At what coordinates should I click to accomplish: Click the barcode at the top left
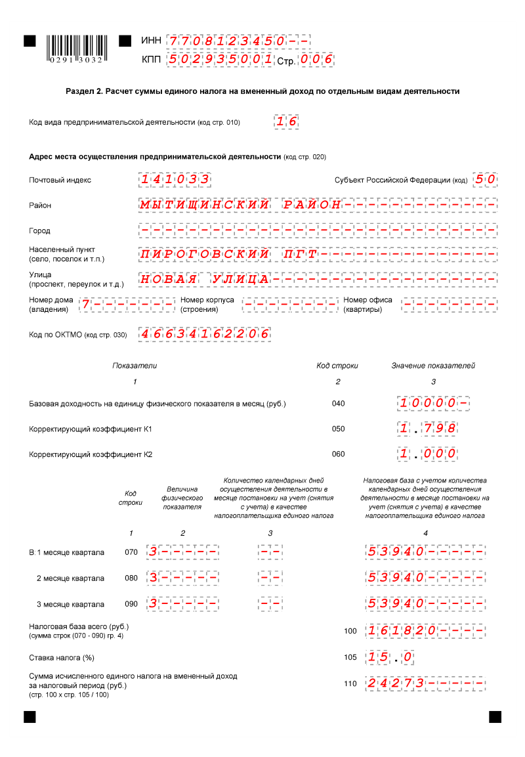[x=75, y=47]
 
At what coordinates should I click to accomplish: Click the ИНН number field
[x=238, y=41]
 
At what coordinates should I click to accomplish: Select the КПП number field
[x=220, y=60]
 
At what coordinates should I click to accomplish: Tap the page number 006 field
[x=317, y=60]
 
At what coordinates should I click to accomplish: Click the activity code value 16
[x=287, y=121]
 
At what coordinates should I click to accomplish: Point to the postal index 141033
[x=175, y=179]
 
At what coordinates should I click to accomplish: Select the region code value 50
[x=485, y=179]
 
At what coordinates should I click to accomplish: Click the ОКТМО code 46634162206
[x=205, y=334]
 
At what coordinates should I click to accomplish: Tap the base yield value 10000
[x=435, y=403]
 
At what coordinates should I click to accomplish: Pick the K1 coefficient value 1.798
[x=427, y=429]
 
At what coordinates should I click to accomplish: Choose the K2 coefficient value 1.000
[x=427, y=454]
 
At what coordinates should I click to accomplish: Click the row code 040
[x=339, y=404]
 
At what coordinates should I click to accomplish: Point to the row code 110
[x=350, y=684]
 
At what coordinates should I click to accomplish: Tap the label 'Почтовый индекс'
[x=60, y=180]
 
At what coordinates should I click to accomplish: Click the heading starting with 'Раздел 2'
[x=262, y=91]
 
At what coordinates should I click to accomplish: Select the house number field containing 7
[x=127, y=305]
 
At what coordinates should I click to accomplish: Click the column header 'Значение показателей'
[x=433, y=366]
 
